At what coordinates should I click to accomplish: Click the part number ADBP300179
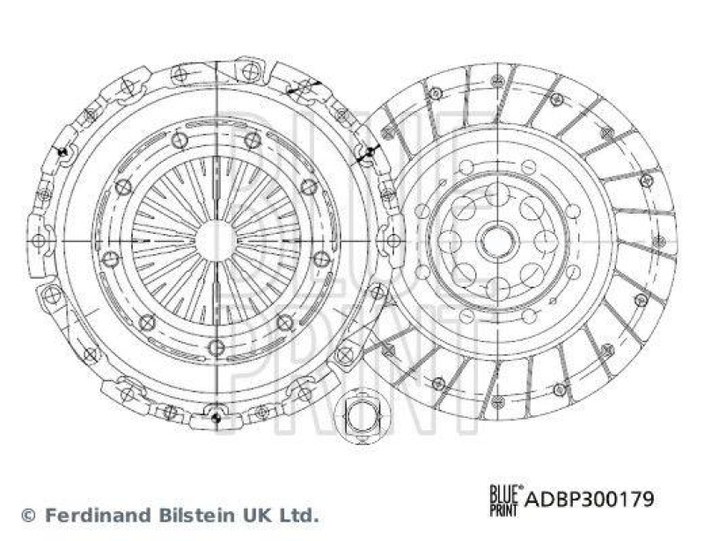(590, 500)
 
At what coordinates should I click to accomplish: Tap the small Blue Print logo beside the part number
(505, 498)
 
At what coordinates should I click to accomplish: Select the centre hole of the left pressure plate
(215, 238)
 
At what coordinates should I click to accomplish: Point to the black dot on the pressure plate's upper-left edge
(63, 153)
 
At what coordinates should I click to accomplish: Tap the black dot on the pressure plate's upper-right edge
(369, 152)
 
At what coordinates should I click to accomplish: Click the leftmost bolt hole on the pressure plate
(39, 238)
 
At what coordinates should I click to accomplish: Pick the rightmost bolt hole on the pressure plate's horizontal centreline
(388, 238)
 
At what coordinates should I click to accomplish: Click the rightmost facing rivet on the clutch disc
(658, 239)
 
